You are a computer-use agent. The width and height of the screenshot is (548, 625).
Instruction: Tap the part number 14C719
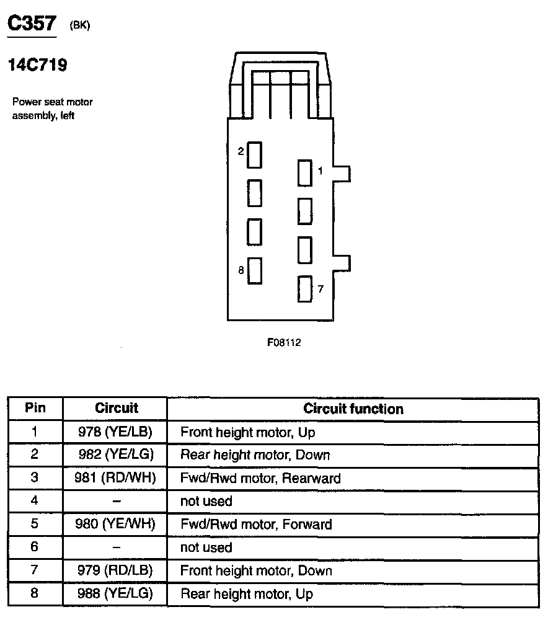(37, 64)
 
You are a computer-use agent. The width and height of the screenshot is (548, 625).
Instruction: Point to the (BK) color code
(79, 26)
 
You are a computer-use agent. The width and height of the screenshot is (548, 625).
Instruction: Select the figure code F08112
(284, 342)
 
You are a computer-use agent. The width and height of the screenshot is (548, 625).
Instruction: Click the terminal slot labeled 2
(254, 154)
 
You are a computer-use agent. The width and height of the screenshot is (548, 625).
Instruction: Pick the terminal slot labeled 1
(304, 173)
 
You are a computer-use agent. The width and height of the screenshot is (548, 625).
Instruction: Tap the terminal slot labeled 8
(254, 271)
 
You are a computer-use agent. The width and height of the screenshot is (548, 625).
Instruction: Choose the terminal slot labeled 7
(304, 289)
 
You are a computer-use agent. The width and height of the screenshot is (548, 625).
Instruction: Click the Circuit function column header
(353, 409)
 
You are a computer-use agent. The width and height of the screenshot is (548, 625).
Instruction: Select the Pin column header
(35, 409)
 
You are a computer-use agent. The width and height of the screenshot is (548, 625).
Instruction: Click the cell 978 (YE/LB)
(115, 432)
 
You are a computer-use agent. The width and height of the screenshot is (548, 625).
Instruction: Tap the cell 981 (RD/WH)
(115, 478)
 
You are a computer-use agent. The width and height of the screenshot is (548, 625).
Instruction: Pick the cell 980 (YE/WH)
(115, 524)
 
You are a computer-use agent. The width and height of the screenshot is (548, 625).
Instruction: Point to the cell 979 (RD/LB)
(115, 570)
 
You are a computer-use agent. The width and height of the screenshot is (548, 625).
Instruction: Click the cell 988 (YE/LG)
(115, 594)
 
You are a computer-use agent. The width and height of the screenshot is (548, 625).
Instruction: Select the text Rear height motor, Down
(255, 454)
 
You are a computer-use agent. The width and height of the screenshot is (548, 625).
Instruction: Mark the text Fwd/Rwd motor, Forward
(256, 524)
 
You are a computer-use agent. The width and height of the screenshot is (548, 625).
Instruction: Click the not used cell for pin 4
(206, 501)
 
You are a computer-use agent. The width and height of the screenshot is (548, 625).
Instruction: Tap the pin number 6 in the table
(35, 547)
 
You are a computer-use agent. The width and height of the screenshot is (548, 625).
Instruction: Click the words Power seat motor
(53, 102)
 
